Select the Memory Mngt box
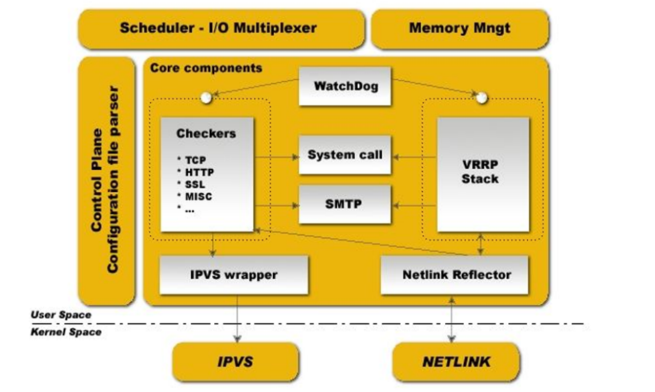click(460, 29)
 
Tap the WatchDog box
click(345, 86)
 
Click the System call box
click(345, 155)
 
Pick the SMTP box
click(345, 204)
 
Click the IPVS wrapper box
click(234, 275)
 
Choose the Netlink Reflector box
click(454, 275)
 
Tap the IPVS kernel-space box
click(235, 362)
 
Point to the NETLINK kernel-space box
click(456, 362)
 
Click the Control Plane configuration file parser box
click(106, 181)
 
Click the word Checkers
click(206, 134)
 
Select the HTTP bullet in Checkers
click(199, 172)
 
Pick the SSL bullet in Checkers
click(195, 184)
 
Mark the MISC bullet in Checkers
click(198, 196)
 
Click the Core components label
click(206, 68)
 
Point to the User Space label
click(61, 315)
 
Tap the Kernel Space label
click(66, 332)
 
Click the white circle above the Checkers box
click(206, 98)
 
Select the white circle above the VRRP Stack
click(481, 97)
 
